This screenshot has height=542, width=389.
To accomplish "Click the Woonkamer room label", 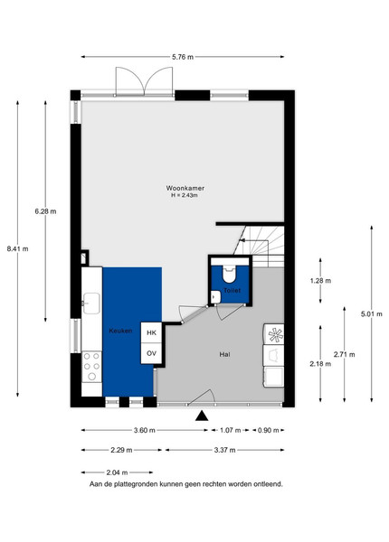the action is pos(185,189).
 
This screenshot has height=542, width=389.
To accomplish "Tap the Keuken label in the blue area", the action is pos(120,331).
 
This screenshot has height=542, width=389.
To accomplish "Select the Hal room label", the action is pos(224,354).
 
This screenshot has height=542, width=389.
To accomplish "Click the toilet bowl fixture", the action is pos(229,274).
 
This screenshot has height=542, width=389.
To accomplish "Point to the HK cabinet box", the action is pos(151,332).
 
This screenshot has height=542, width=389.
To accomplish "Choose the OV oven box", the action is pos(151,353).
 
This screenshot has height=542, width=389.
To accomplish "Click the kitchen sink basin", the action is pos(91,304).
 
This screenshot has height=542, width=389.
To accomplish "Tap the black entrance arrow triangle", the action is pos(202,416).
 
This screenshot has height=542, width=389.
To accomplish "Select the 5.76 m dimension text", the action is pos(183,58).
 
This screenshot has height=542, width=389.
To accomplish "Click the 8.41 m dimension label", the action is pos(18,248).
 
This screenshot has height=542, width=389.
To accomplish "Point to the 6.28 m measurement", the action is pos(45,211).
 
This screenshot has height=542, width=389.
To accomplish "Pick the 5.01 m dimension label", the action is pos(372,314).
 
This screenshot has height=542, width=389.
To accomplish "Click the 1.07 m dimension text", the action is pos(230,430).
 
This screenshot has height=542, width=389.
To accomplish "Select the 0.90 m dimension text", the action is pos(268,430).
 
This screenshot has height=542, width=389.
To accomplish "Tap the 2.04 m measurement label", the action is pos(117,472).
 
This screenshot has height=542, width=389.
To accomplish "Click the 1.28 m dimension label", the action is pos(320,281).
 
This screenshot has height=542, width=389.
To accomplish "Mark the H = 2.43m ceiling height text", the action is pos(185,195).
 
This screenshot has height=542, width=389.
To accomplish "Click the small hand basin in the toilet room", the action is pos(215,297).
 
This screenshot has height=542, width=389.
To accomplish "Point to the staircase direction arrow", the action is pos(246,240).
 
